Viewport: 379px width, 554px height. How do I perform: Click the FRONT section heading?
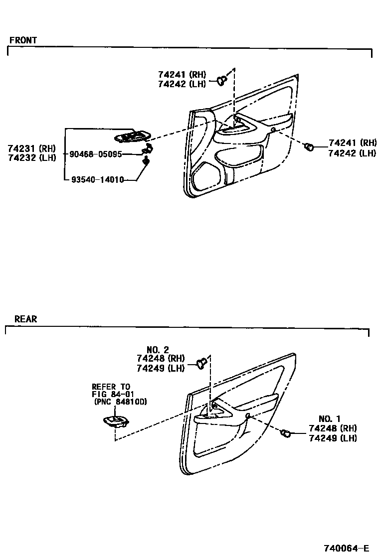[23, 40]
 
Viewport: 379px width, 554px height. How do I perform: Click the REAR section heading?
[25, 319]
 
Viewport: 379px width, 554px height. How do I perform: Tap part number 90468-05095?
[96, 154]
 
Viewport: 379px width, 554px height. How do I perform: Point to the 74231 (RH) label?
[31, 148]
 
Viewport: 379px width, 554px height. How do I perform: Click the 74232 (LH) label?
[31, 157]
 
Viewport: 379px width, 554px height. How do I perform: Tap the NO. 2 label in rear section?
[158, 350]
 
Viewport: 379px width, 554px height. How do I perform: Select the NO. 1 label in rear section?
[332, 419]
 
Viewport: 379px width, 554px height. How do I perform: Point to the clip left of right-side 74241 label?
[310, 146]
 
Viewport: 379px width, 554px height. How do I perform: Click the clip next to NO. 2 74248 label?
[201, 363]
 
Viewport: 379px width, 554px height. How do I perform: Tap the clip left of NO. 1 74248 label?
[286, 433]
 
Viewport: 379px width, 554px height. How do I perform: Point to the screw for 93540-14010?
[146, 160]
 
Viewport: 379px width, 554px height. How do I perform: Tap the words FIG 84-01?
[113, 394]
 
